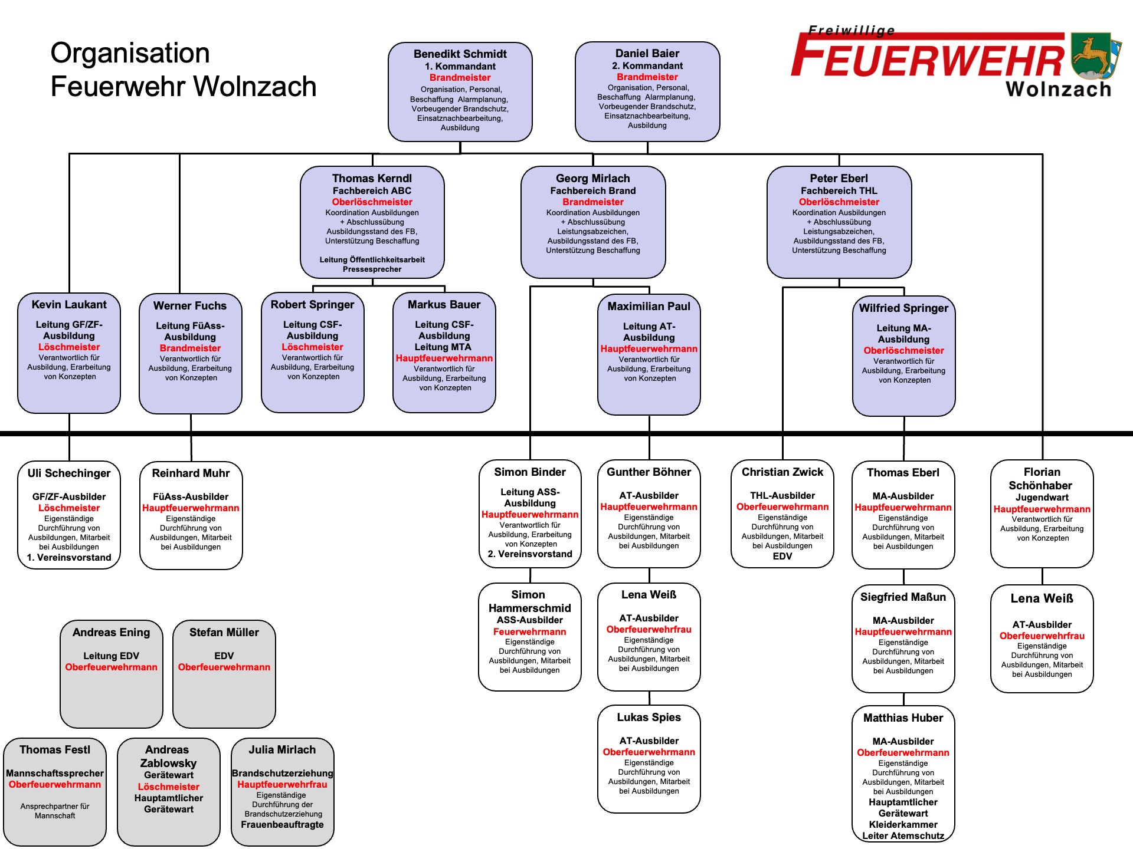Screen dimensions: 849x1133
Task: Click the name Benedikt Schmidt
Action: point(460,54)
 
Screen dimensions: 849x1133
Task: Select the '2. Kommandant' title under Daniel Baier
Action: point(647,66)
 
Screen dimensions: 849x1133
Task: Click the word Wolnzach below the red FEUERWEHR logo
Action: point(1059,90)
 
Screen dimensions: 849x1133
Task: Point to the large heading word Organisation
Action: point(130,53)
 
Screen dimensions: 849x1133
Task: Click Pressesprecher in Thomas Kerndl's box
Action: point(372,269)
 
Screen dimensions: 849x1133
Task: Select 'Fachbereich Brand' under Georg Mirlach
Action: point(592,190)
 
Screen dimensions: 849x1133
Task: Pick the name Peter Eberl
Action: point(839,178)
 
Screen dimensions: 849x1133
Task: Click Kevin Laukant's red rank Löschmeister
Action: point(69,347)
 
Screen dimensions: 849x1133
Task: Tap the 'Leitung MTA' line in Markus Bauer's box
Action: point(443,347)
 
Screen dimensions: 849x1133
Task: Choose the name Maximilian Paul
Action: point(649,307)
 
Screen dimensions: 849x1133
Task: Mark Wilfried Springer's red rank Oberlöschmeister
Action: point(903,351)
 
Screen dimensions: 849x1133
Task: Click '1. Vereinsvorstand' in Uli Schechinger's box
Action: point(69,558)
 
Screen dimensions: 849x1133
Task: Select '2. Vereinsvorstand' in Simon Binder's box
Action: point(530,554)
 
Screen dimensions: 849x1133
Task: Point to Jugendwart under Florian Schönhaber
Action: point(1042,498)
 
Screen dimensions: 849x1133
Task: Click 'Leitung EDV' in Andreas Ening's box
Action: point(111,656)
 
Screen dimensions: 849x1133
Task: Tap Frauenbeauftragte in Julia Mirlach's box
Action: point(282,825)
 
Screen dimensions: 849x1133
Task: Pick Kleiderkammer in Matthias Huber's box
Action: point(903,825)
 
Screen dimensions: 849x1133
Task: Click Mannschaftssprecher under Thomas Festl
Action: point(55,774)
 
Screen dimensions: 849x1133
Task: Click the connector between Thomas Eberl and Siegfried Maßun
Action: point(903,577)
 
